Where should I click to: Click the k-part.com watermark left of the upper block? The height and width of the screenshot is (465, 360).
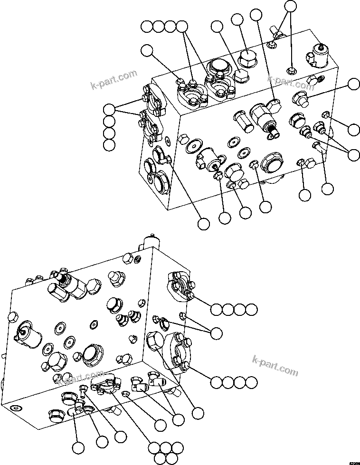[x=114, y=79]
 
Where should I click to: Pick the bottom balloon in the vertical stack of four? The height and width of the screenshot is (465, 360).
[x=110, y=145]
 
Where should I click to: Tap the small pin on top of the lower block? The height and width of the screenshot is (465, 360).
[x=151, y=236]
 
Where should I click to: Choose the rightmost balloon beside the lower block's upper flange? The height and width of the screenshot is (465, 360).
[x=251, y=310]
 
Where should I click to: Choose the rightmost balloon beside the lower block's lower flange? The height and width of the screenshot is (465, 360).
[x=251, y=382]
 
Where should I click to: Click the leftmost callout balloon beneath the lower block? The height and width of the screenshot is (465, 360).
[x=78, y=447]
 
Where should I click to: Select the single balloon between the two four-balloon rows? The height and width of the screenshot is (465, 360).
[x=216, y=333]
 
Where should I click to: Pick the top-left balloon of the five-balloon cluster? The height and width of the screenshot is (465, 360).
[x=154, y=447]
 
